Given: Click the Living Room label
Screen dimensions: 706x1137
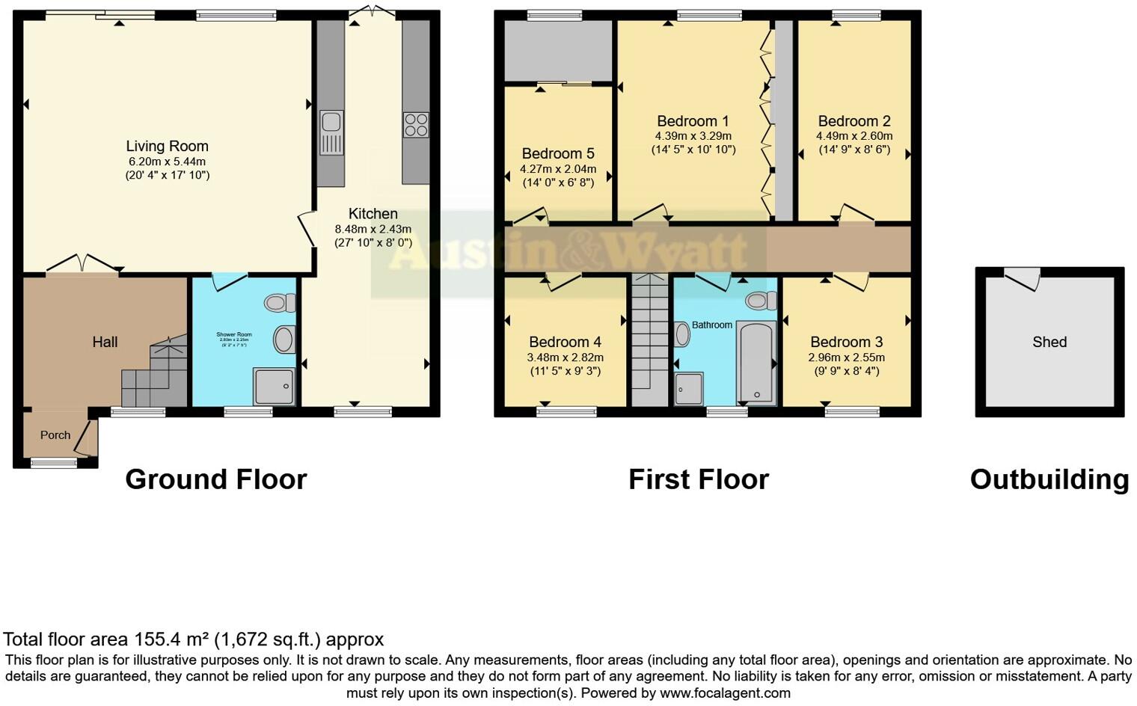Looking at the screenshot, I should click(167, 147).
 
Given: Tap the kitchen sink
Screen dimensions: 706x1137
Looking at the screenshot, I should click(331, 132).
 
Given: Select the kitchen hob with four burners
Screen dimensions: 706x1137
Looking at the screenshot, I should click(416, 124).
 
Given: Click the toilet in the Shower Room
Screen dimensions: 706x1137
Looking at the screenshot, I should click(279, 303).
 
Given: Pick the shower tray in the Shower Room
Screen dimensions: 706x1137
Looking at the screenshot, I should click(272, 386).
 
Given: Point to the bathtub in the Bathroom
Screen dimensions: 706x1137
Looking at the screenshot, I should click(756, 363).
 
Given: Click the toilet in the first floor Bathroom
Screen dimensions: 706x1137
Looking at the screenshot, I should click(761, 301).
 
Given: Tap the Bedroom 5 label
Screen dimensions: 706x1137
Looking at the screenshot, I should click(558, 154).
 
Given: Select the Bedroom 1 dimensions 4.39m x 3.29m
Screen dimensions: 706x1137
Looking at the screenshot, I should click(693, 136).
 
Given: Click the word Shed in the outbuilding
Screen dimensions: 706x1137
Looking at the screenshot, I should click(1049, 342).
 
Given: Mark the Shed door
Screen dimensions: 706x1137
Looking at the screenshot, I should click(1022, 279).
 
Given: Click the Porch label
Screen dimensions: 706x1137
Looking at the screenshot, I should click(55, 435).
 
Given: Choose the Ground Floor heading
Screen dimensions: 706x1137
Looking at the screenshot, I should click(215, 479).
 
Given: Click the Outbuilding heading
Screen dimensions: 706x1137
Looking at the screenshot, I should click(1049, 479).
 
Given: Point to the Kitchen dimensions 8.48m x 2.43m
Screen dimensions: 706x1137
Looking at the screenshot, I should click(373, 230).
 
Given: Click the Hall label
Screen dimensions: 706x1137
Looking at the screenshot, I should click(105, 342).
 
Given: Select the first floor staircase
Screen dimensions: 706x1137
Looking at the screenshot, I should click(649, 340).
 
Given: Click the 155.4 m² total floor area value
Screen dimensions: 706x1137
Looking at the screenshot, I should click(172, 639).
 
